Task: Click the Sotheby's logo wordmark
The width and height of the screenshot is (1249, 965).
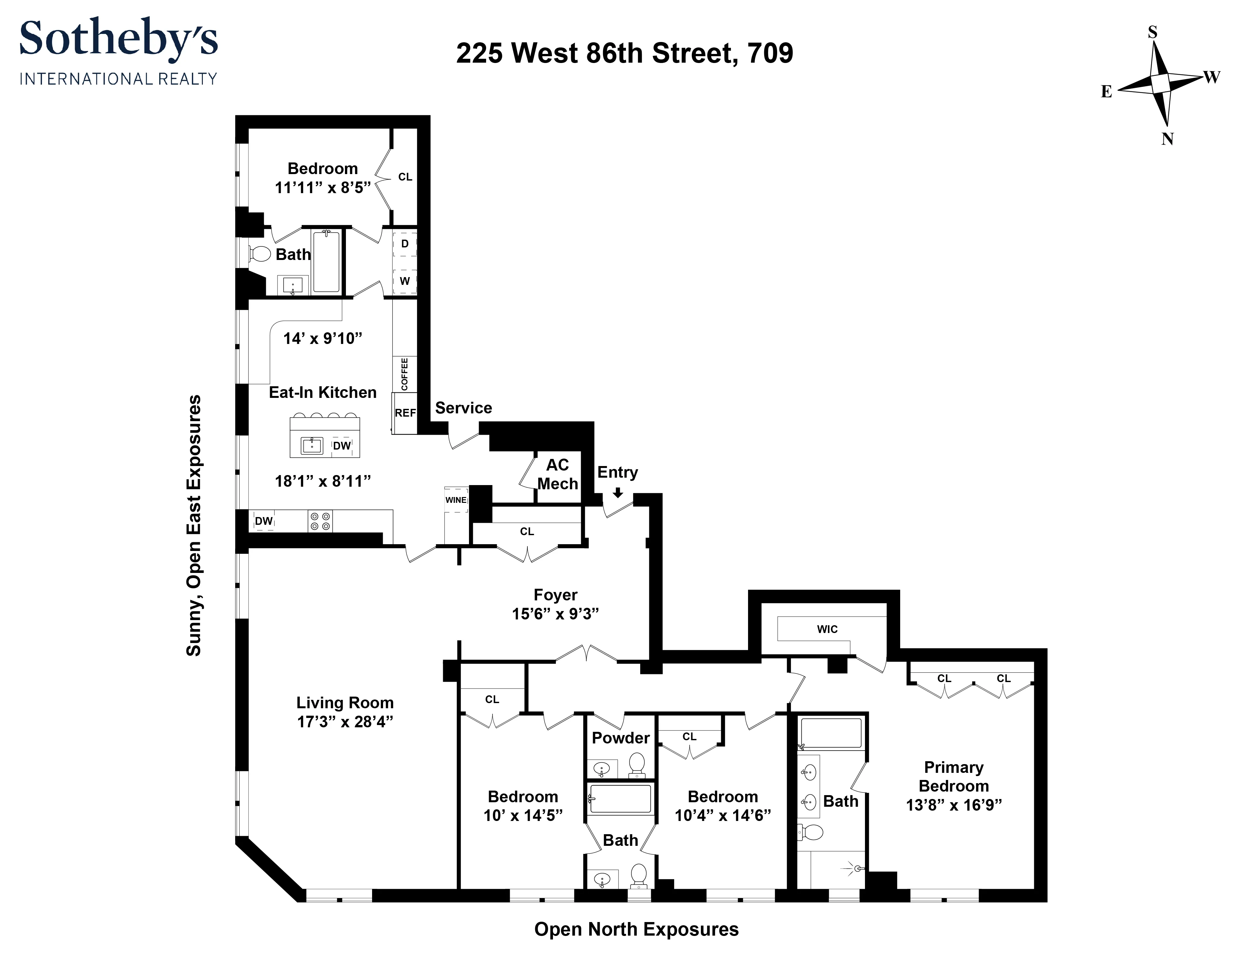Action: (119, 39)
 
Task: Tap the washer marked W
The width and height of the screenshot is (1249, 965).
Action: (405, 281)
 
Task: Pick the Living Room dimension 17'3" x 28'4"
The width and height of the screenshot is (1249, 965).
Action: (345, 721)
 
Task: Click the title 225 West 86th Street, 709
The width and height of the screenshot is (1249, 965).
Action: (625, 53)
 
